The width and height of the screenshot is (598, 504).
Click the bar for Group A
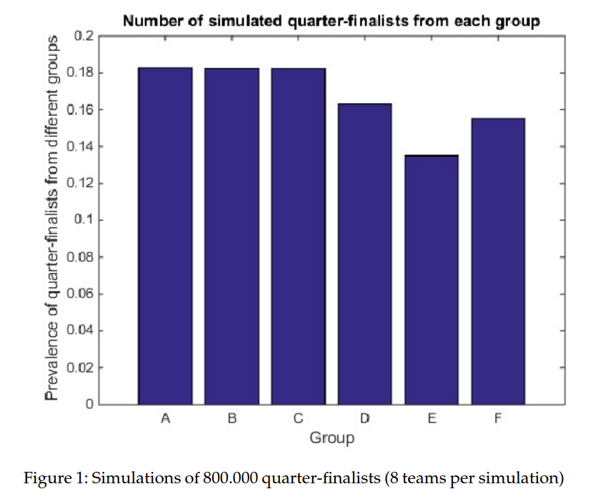pyautogui.click(x=165, y=236)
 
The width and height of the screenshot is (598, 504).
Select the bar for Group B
pyautogui.click(x=232, y=236)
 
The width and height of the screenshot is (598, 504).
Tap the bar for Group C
pyautogui.click(x=298, y=236)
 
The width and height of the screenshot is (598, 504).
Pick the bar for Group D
pyautogui.click(x=364, y=254)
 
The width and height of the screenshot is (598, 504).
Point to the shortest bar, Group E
pyautogui.click(x=432, y=280)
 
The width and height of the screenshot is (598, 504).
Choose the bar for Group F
pyautogui.click(x=498, y=262)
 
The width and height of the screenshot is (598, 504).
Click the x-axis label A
pyautogui.click(x=165, y=418)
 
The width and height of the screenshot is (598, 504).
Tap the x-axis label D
pyautogui.click(x=364, y=418)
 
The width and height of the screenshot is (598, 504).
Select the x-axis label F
pyautogui.click(x=498, y=418)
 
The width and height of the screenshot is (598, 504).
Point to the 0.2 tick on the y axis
pyautogui.click(x=84, y=36)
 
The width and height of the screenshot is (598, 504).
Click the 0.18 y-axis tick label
pyautogui.click(x=80, y=72)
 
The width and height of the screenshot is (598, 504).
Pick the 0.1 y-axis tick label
pyautogui.click(x=84, y=219)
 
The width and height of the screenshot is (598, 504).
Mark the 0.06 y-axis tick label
pyautogui.click(x=80, y=293)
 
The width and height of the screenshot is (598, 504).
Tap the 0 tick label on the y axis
pyautogui.click(x=89, y=404)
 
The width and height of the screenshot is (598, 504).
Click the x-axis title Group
pyautogui.click(x=332, y=438)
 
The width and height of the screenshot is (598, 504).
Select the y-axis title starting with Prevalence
pyautogui.click(x=52, y=218)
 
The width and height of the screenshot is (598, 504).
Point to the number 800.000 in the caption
pyautogui.click(x=230, y=478)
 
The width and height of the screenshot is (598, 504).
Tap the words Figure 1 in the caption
pyautogui.click(x=55, y=478)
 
